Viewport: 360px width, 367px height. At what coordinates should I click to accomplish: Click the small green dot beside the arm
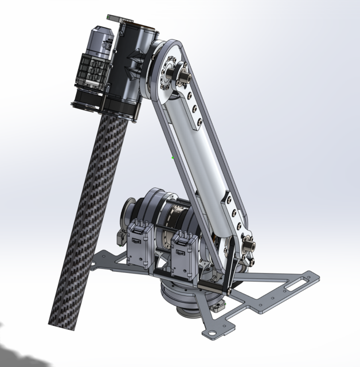tap(173, 157)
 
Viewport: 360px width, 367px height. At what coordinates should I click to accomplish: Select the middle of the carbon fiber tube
tap(86, 218)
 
